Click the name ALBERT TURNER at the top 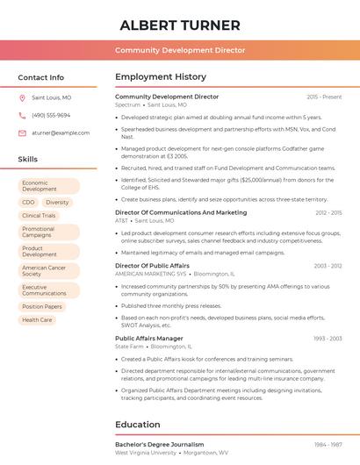pyautogui.click(x=179, y=25)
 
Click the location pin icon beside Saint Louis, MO pyautogui.click(x=22, y=98)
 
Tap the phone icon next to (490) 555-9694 pyautogui.click(x=22, y=116)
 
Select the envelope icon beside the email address pyautogui.click(x=22, y=133)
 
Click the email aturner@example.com pyautogui.click(x=61, y=133)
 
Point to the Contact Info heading pyautogui.click(x=40, y=77)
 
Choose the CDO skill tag pyautogui.click(x=28, y=203)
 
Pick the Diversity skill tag pyautogui.click(x=57, y=203)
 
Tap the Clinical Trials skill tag pyautogui.click(x=39, y=216)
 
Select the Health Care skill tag pyautogui.click(x=37, y=320)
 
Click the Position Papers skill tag pyautogui.click(x=42, y=307)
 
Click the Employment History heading pyautogui.click(x=161, y=77)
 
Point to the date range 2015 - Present pyautogui.click(x=324, y=97)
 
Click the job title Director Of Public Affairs pyautogui.click(x=152, y=265)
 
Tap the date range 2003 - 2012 pyautogui.click(x=328, y=265)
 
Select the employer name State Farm pyautogui.click(x=129, y=347)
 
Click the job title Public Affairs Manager pyautogui.click(x=149, y=338)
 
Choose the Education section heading pyautogui.click(x=138, y=425)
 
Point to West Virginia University pyautogui.click(x=145, y=453)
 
